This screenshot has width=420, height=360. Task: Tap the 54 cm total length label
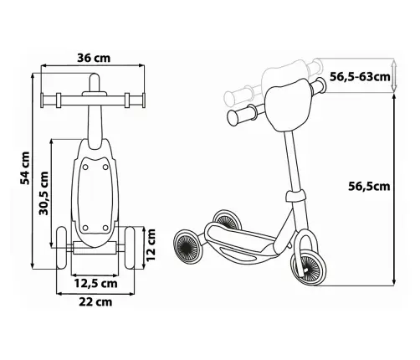[x=24, y=168]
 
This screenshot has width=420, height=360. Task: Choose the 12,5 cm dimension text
[x=95, y=283]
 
